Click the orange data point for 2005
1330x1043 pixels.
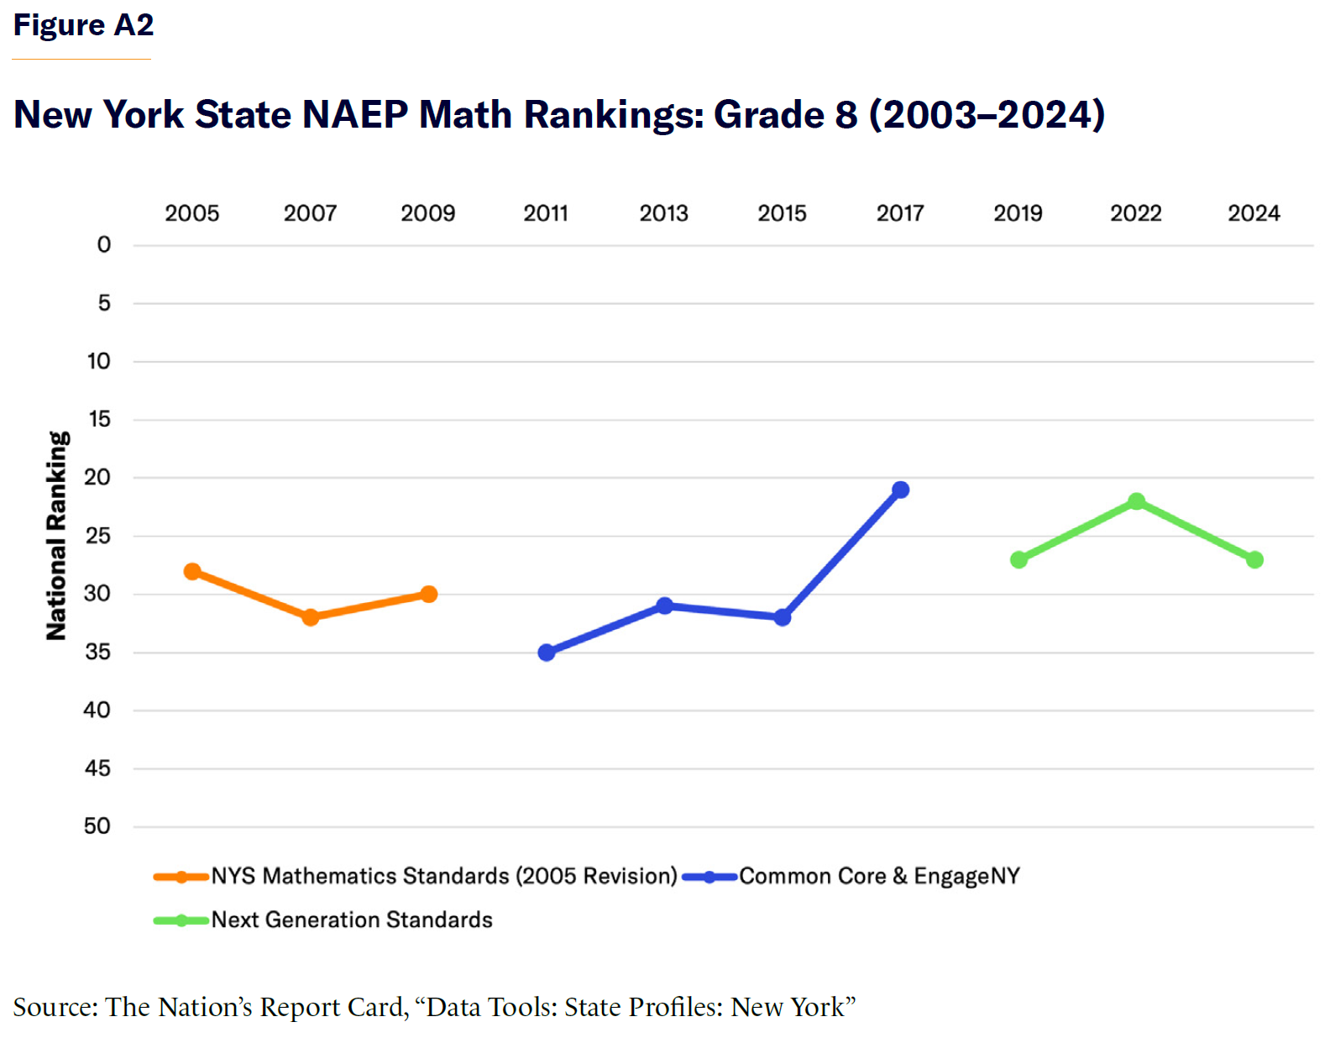coord(192,572)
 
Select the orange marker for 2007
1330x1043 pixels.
coord(311,617)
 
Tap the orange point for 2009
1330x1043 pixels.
coord(428,595)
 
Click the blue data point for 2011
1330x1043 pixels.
coord(547,653)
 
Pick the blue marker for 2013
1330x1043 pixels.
coord(664,605)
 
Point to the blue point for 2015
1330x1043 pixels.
coord(783,617)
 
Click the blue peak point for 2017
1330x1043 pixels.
coord(900,490)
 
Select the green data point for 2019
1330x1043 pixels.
coord(1018,559)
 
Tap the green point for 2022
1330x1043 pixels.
coord(1136,501)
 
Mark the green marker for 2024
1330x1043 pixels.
coord(1254,559)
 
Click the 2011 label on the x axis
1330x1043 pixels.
coord(546,213)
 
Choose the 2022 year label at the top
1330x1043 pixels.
coord(1136,213)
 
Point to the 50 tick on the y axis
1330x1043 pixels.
coord(97,826)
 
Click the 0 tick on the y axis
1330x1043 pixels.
coord(104,244)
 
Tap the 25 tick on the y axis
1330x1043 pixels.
coord(98,535)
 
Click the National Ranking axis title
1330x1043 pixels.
coord(56,536)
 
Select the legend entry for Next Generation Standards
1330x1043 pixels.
coord(351,920)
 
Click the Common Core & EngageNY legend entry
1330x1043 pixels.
coord(879,877)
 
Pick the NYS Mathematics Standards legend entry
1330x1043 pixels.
coord(443,877)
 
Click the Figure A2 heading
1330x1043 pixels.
coord(83,25)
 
